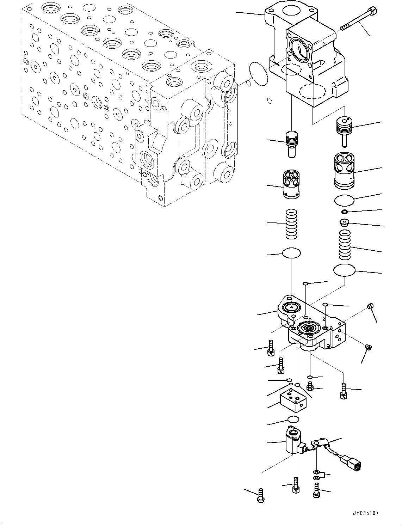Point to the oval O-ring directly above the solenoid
pyautogui.click(x=293, y=419)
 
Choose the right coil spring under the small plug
pyautogui.click(x=344, y=244)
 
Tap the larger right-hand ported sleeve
pyautogui.click(x=344, y=170)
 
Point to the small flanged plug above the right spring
pyautogui.click(x=344, y=222)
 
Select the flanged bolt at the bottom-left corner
pyautogui.click(x=260, y=495)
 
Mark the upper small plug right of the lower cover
pyautogui.click(x=370, y=306)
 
